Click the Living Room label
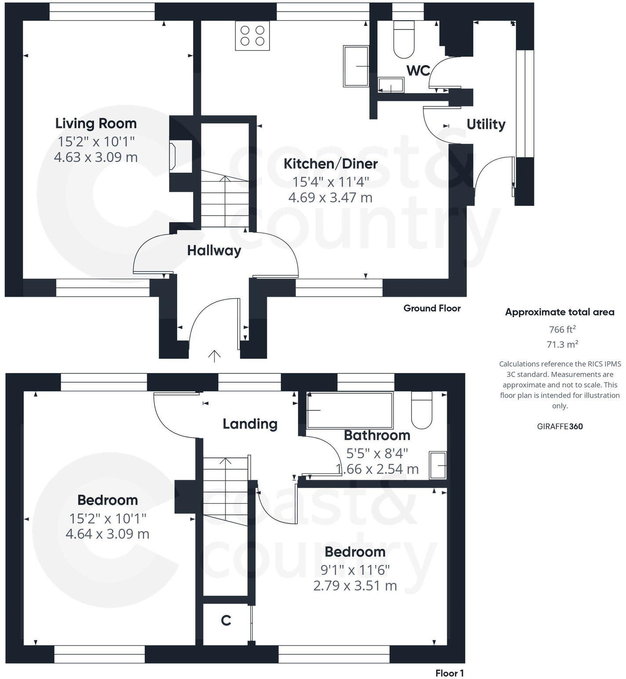click(x=96, y=124)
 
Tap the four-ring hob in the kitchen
click(x=252, y=36)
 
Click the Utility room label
click(x=486, y=124)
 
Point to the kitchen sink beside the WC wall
click(x=356, y=66)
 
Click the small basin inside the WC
click(x=390, y=85)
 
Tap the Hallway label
click(x=214, y=251)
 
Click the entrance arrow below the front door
click(x=214, y=355)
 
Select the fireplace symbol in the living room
click(x=173, y=156)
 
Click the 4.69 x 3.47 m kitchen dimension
click(x=330, y=197)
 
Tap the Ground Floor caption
click(x=432, y=308)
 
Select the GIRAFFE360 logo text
click(x=560, y=426)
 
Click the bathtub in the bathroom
click(x=349, y=410)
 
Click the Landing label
click(x=250, y=424)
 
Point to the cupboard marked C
click(x=226, y=621)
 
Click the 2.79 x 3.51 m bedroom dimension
click(x=355, y=586)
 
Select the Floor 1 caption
click(x=449, y=673)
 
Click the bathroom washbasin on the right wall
click(x=437, y=465)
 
